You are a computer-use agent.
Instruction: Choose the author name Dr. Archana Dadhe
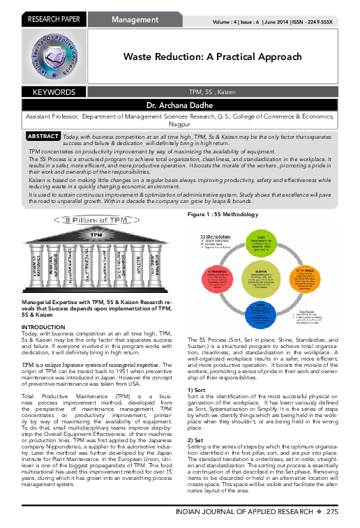(x=180, y=105)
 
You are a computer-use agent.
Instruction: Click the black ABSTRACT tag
(x=43, y=136)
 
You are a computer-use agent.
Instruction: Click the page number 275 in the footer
(x=331, y=513)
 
